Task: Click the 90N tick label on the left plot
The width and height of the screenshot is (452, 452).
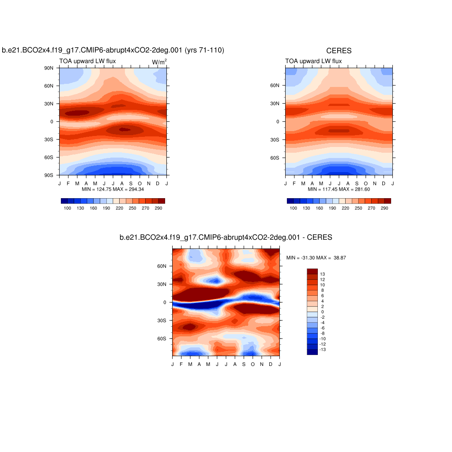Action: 49,68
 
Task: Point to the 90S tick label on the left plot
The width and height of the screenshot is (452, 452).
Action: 49,175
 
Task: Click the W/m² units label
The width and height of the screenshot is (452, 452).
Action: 159,62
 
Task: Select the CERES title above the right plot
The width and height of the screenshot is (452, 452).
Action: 339,51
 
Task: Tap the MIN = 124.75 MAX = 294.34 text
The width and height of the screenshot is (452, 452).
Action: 113,189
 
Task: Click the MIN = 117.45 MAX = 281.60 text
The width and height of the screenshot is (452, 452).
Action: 339,189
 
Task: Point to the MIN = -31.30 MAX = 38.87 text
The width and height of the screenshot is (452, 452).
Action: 316,257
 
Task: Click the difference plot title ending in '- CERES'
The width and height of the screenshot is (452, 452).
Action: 226,237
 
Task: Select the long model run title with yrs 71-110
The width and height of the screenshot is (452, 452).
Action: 113,51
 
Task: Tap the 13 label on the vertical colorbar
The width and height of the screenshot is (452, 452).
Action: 323,274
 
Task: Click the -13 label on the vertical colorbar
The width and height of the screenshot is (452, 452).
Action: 324,349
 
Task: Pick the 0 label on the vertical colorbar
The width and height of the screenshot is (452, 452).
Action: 322,312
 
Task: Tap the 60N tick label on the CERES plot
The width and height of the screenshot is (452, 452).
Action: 275,86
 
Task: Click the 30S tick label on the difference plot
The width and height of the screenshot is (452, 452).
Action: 162,320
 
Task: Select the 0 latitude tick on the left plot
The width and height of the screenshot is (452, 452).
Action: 51,121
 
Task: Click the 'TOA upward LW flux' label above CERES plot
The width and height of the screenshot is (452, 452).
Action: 313,61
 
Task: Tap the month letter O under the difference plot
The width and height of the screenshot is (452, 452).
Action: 253,364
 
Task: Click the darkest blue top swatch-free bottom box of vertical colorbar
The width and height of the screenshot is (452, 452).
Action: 312,352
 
